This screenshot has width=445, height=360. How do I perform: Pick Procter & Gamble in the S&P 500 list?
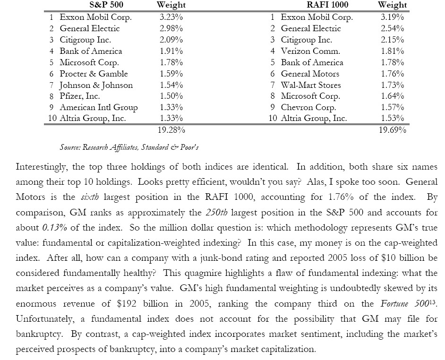[94, 74]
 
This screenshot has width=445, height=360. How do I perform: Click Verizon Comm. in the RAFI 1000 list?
[310, 51]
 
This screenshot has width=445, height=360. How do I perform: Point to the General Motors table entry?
[310, 74]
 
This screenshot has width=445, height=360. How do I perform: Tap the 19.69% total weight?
[392, 129]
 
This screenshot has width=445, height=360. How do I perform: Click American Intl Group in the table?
[98, 107]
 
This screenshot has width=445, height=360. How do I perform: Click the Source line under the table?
[129, 147]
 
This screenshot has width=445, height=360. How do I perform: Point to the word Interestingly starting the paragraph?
[40, 167]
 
